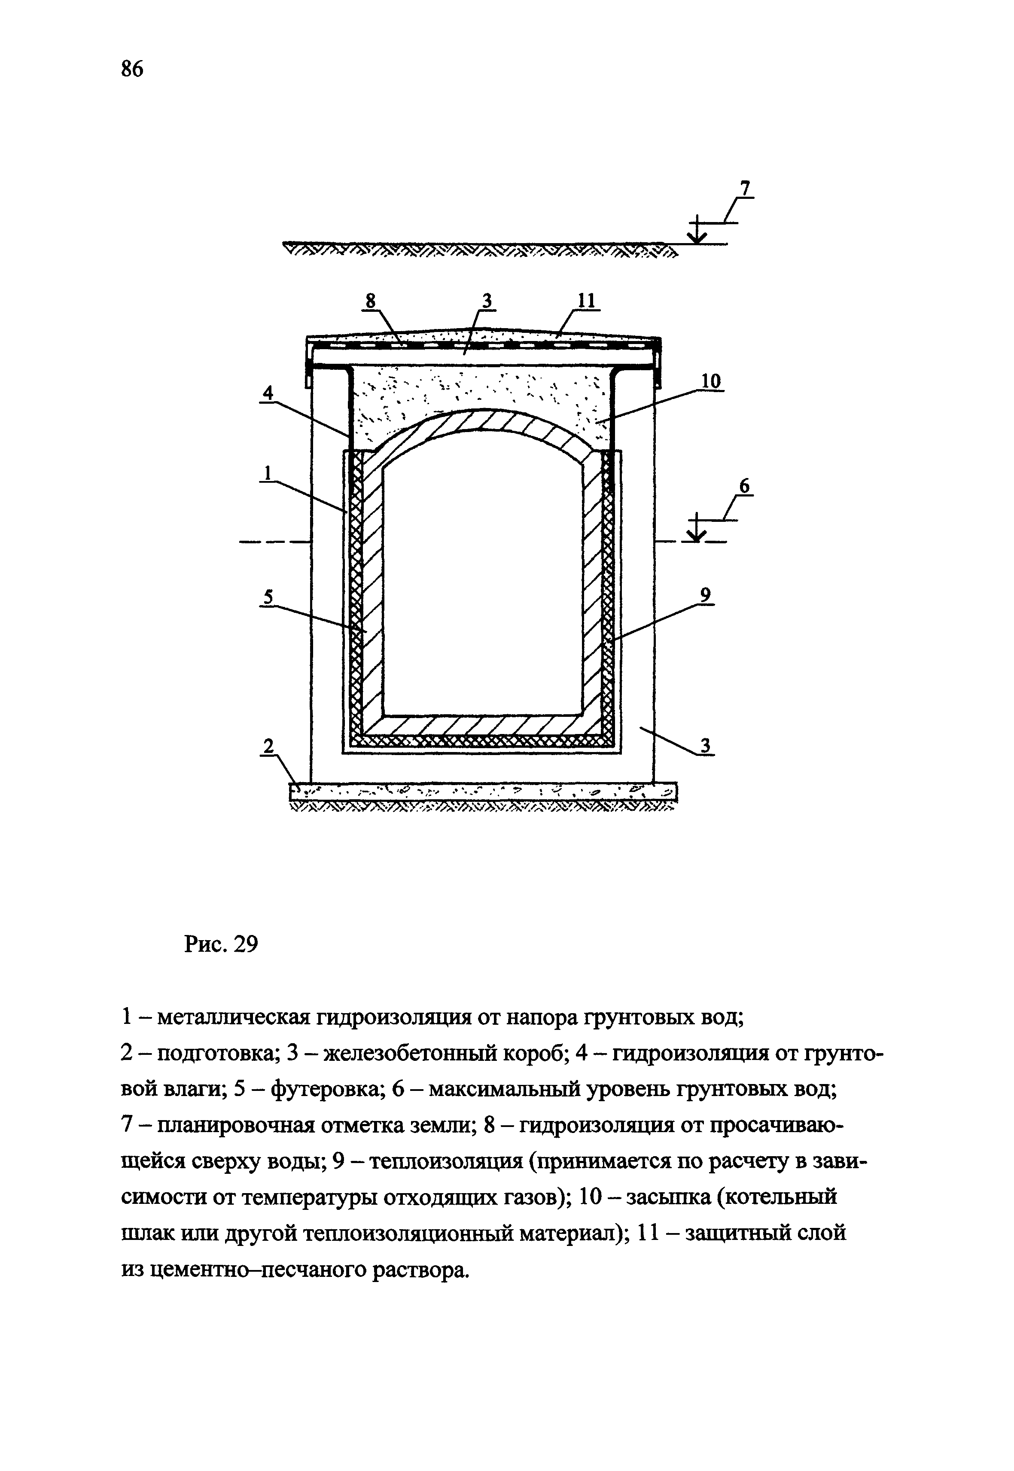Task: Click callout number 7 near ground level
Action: pos(745,189)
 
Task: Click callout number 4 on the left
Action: pos(269,393)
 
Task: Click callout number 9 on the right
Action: pos(705,595)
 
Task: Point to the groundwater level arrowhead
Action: pos(697,536)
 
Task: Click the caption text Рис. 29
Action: pos(221,945)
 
